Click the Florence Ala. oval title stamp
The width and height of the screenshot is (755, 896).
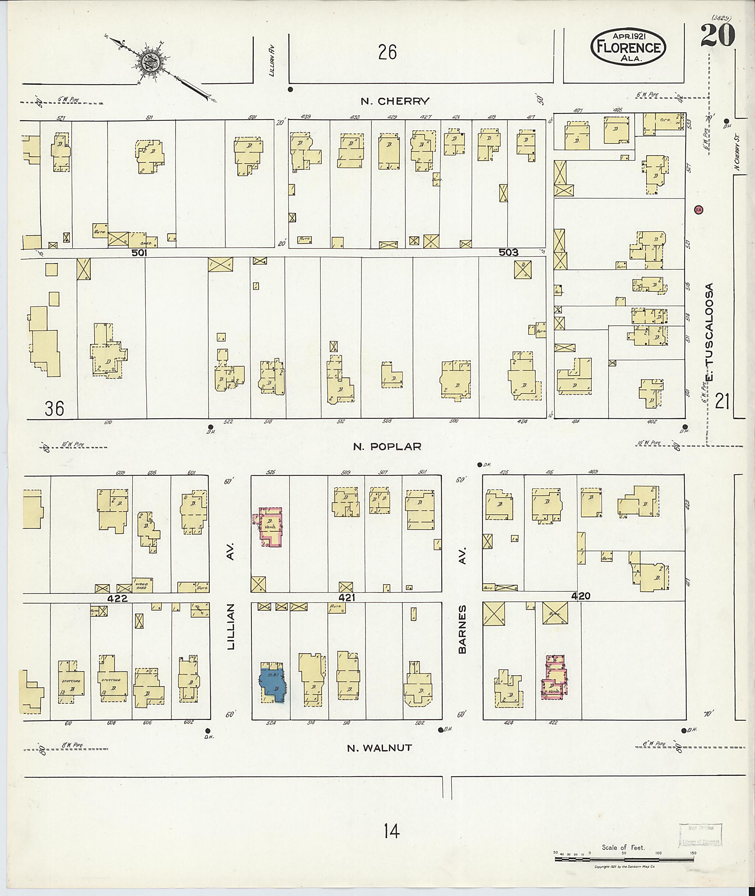click(628, 47)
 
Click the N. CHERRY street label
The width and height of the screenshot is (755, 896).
click(394, 101)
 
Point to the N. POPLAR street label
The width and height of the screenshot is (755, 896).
click(387, 446)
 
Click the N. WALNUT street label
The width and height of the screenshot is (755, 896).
click(379, 748)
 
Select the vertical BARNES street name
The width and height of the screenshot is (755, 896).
click(462, 635)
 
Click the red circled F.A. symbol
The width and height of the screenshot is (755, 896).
click(699, 210)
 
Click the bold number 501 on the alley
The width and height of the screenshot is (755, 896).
click(139, 253)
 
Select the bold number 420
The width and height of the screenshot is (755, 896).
click(581, 596)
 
